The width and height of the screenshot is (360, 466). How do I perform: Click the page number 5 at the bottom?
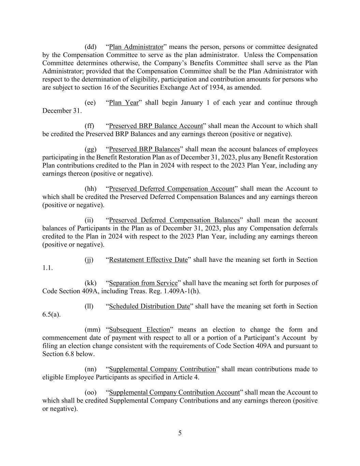pos(180,433)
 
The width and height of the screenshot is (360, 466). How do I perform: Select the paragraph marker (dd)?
pos(90,47)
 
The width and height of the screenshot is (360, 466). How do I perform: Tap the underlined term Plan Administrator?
pos(136,47)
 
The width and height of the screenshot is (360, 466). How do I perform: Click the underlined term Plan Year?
pos(124,103)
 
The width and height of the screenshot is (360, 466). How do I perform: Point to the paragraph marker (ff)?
pos(89,126)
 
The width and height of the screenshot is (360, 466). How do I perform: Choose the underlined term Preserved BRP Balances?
pos(144,149)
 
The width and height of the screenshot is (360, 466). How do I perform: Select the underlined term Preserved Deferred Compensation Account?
pos(172,189)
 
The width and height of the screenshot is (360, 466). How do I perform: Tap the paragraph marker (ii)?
pos(89,220)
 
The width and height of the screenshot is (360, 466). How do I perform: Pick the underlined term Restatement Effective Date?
pos(148,260)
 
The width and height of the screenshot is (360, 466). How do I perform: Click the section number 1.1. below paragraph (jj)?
pos(47,268)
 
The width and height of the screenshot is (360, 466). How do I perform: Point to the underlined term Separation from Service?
pos(143,283)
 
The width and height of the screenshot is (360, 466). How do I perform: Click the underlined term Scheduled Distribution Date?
pos(149,306)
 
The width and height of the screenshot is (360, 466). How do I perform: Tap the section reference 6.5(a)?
pos(51,314)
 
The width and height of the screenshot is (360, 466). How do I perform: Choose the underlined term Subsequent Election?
pos(139,329)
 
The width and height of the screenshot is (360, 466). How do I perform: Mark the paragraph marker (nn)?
pos(90,369)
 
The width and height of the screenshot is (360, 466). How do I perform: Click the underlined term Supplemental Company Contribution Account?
pos(174,392)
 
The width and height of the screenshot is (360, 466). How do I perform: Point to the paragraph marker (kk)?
pos(90,283)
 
